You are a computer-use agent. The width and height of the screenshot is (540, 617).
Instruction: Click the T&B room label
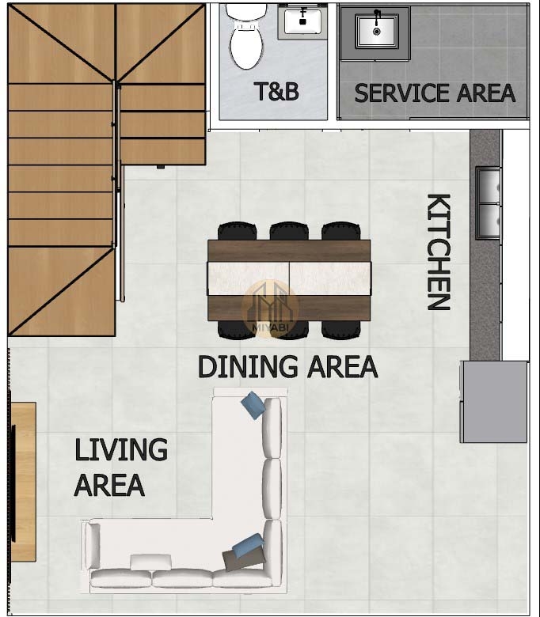point(276,91)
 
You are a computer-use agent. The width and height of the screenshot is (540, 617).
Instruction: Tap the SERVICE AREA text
point(435,93)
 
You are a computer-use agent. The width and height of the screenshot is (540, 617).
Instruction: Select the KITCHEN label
point(439,252)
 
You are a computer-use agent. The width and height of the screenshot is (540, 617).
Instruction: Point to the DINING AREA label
point(288,366)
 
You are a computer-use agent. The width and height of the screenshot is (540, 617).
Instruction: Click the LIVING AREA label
point(121,467)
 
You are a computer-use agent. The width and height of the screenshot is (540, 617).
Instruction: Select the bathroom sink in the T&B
point(302,21)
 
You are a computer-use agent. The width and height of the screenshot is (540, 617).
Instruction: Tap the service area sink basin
point(377,32)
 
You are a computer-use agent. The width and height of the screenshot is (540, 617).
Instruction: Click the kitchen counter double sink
point(489,203)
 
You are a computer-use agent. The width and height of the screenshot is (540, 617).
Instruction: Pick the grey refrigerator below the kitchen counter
point(494,402)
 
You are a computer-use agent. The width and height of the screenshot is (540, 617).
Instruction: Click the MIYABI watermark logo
point(270,308)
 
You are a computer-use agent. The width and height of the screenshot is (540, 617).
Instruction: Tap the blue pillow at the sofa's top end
point(253,404)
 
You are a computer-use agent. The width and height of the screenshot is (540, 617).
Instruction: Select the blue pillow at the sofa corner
point(248,546)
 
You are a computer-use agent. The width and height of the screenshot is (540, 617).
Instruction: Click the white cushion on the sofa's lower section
point(151,562)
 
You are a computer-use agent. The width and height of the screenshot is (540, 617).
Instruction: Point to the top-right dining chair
point(341,231)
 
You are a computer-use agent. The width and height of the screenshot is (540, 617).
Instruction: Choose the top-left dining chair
point(237,231)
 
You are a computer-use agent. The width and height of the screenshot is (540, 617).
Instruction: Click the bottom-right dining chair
point(341,330)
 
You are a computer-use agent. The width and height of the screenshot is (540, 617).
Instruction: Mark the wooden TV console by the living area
point(24,482)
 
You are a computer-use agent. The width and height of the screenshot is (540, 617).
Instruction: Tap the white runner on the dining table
point(289,278)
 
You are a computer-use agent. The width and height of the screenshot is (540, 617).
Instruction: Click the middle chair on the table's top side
point(289,231)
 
